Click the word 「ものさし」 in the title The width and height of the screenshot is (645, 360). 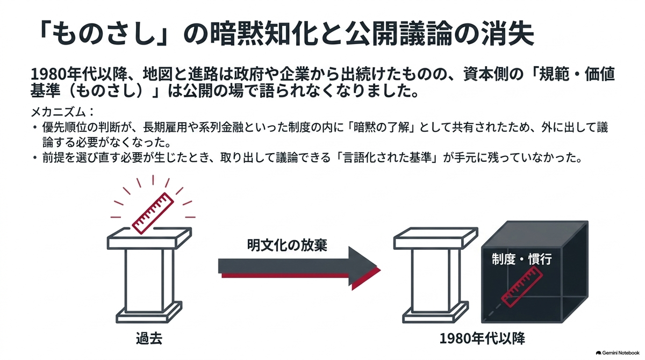(x=104, y=34)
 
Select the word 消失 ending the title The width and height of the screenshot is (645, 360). (x=508, y=34)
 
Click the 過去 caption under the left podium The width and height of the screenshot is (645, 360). (x=149, y=339)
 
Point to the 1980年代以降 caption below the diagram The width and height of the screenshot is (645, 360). (x=483, y=339)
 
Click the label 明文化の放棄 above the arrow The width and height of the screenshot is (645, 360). (x=287, y=245)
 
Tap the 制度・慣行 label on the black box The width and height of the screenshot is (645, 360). (x=522, y=259)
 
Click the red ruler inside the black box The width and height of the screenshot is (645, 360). (x=522, y=286)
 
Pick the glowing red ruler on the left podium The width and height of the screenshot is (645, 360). (x=153, y=213)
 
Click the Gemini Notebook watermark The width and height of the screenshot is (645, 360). (x=618, y=353)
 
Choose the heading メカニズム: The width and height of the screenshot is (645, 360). (x=62, y=112)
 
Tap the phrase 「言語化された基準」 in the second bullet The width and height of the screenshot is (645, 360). (x=389, y=157)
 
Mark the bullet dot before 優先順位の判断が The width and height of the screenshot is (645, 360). (x=35, y=127)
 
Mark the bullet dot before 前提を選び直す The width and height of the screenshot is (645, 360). (x=35, y=157)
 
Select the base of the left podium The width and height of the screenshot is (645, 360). (x=149, y=312)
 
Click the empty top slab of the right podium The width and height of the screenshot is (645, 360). (x=436, y=238)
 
